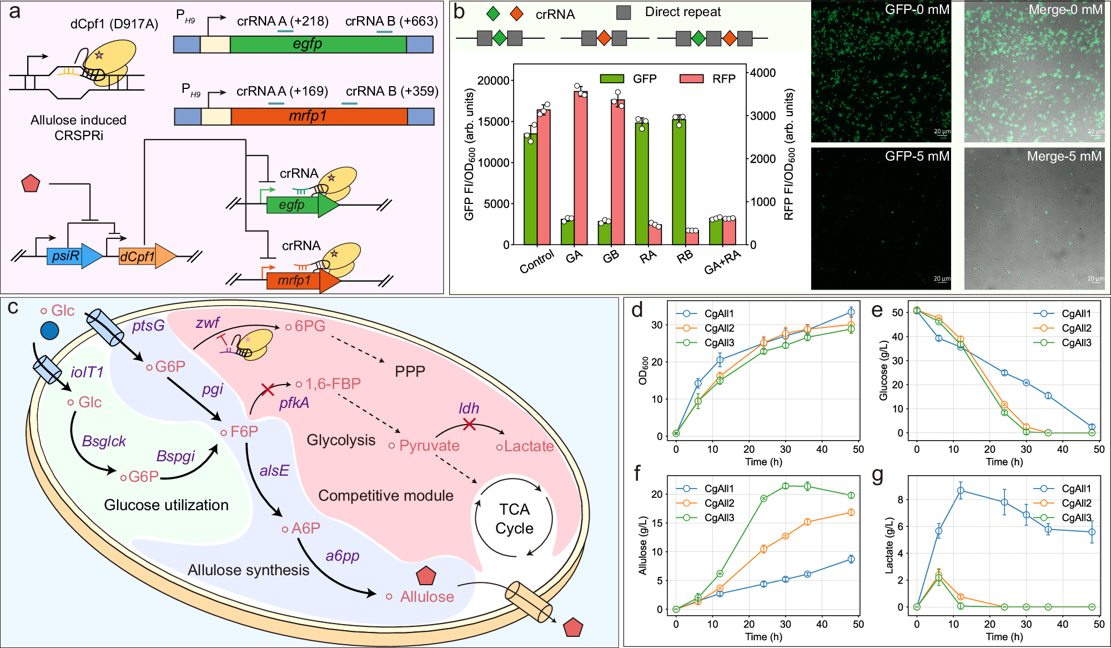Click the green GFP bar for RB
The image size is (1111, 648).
[678, 182]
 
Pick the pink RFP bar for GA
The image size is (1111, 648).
[581, 167]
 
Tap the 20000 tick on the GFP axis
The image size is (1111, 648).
[493, 81]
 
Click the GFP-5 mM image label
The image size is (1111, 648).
[917, 157]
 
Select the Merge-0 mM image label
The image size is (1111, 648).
[1065, 9]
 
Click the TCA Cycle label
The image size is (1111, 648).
[514, 519]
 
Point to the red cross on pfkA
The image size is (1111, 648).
[268, 389]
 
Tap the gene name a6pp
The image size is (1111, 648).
[343, 556]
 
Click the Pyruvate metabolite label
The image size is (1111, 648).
[429, 446]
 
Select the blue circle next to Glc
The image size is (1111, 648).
[49, 331]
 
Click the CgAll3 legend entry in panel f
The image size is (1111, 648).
[718, 517]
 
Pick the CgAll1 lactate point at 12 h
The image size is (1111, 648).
[960, 491]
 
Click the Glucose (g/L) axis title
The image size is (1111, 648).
[883, 371]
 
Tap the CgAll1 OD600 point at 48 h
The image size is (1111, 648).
[851, 312]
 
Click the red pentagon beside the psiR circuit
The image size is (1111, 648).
[31, 184]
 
